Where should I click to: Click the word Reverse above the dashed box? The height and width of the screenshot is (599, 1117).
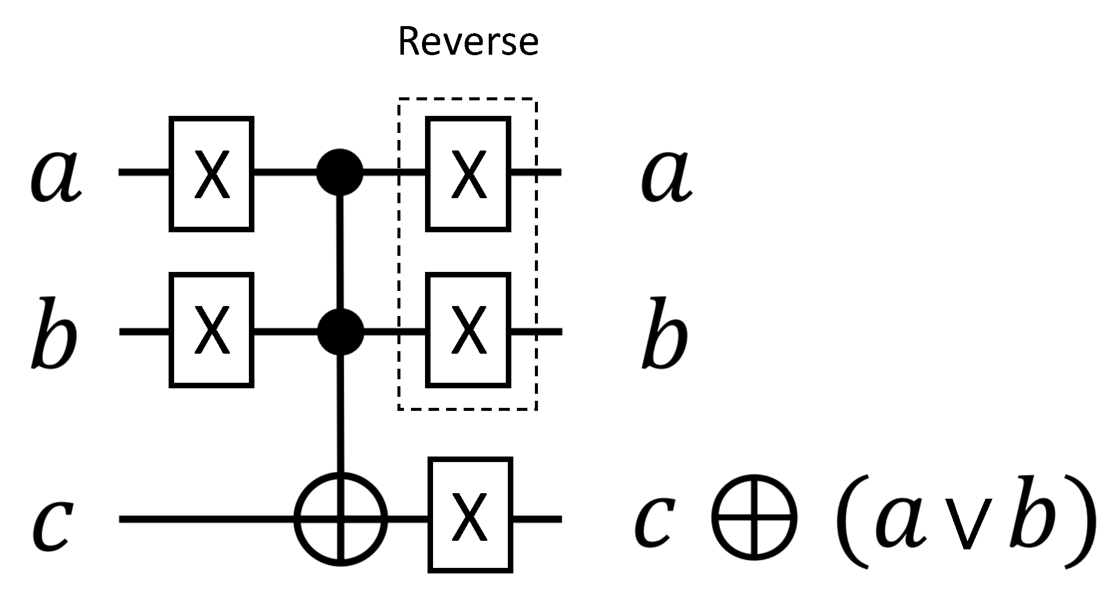(x=468, y=42)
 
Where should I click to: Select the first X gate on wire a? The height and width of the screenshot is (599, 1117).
(x=211, y=174)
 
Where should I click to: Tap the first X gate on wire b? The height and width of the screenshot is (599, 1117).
(x=211, y=330)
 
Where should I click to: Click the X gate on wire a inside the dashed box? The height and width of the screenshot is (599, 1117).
(x=468, y=174)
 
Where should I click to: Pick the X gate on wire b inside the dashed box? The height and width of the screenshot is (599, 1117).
(x=468, y=330)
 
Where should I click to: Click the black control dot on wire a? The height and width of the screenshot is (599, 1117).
(x=340, y=172)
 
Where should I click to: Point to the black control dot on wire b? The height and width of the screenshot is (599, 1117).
(x=341, y=331)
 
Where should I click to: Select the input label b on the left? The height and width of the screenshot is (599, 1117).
(x=54, y=334)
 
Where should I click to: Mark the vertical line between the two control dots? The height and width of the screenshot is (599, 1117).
(x=341, y=251)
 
